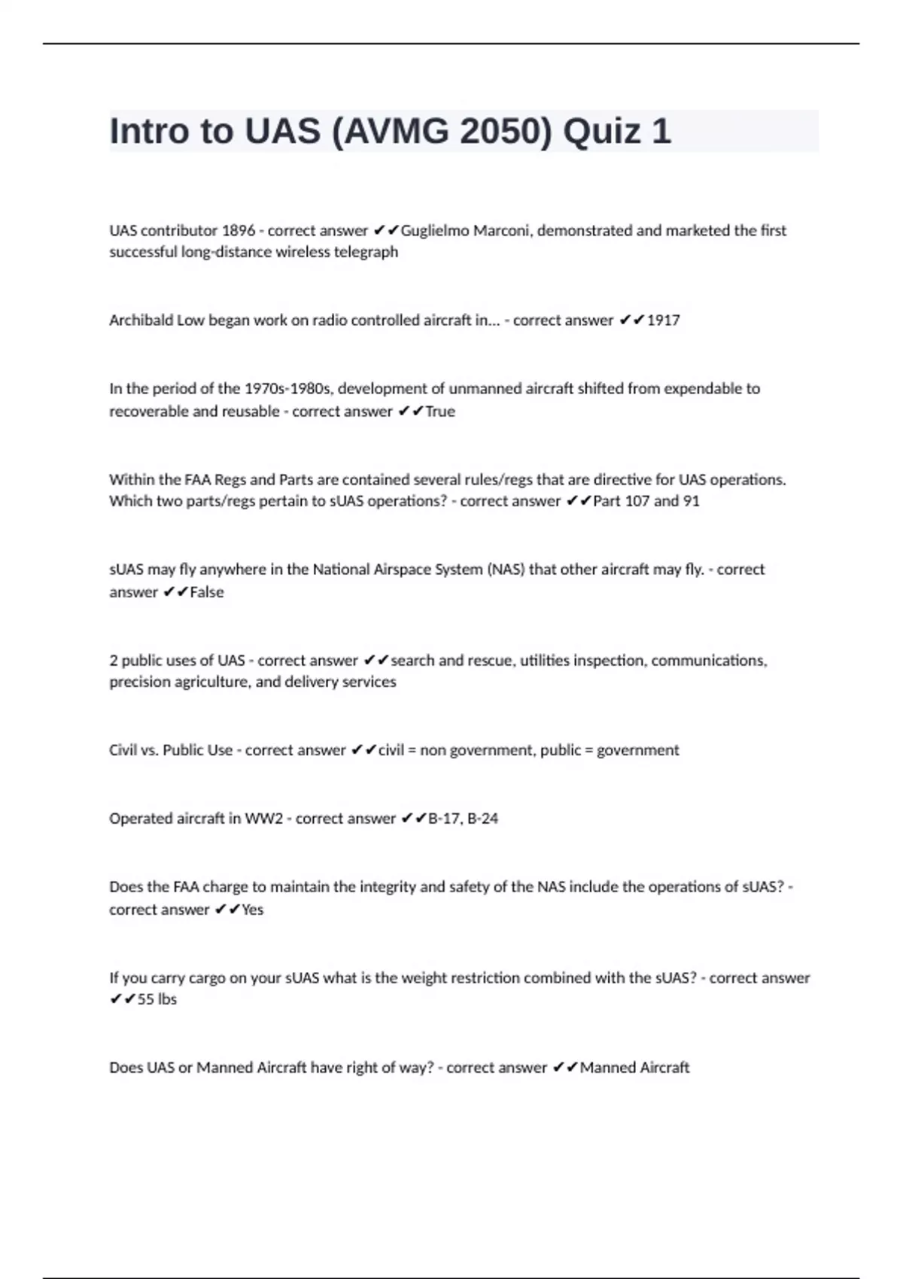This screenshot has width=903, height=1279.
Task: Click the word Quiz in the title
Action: coord(595,132)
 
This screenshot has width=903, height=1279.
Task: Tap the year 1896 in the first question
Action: coord(238,230)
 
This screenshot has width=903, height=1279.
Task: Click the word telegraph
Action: coord(366,252)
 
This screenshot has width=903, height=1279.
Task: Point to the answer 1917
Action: coord(663,321)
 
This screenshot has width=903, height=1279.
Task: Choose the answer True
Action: coord(440,412)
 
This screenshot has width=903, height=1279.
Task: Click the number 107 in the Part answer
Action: coord(637,501)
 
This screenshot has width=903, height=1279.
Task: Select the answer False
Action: coord(207,592)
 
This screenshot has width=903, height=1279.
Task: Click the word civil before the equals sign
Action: coord(391,750)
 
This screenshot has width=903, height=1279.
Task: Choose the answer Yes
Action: coord(253,910)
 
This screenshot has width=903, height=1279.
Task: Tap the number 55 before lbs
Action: coord(146,999)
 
